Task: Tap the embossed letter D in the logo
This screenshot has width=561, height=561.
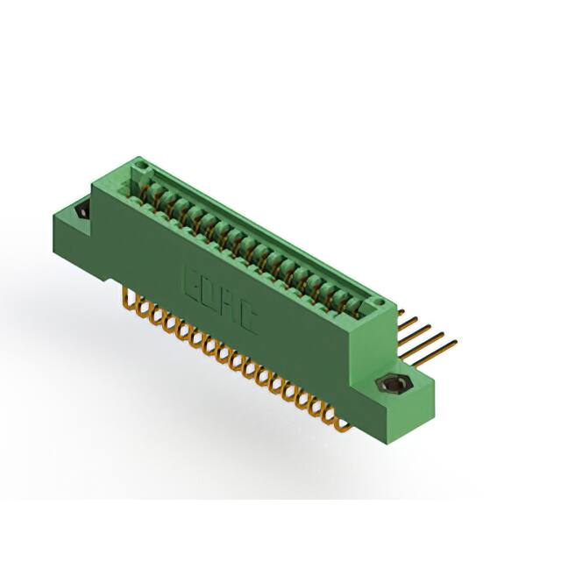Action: [x=210, y=292]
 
